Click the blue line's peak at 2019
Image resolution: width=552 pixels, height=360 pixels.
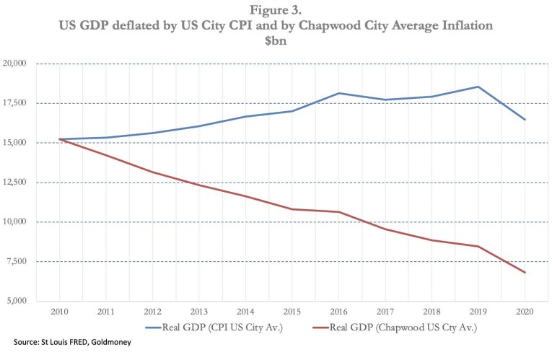(478, 87)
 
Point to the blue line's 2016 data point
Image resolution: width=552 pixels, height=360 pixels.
(338, 93)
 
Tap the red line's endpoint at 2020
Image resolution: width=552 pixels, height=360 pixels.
(525, 273)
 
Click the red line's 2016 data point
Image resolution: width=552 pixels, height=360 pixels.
(338, 212)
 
